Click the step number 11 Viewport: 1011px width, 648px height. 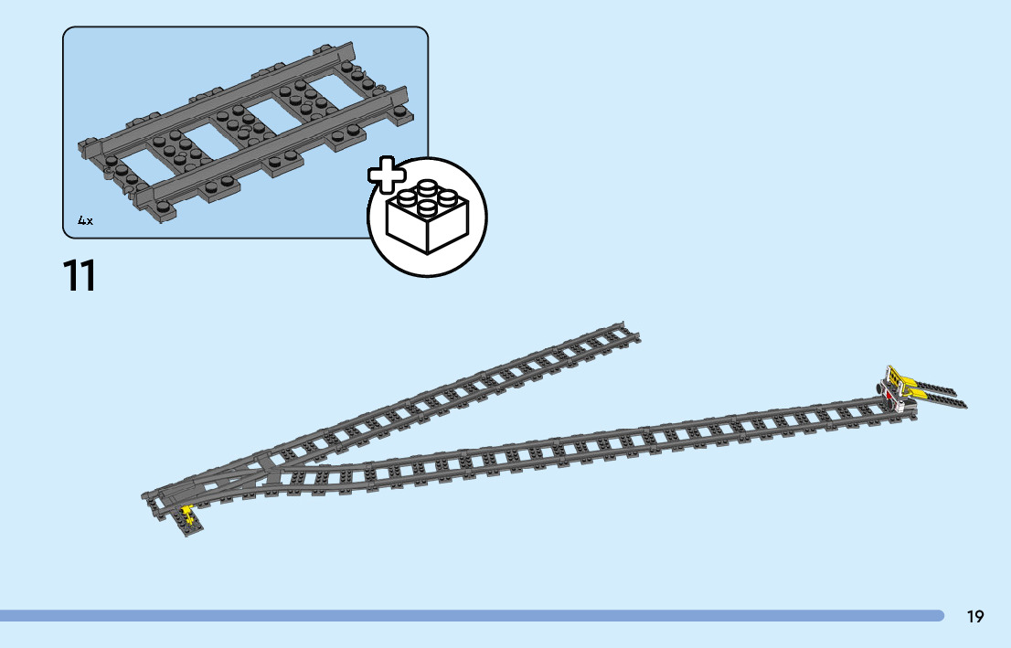coord(80,276)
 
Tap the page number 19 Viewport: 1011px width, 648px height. coord(975,617)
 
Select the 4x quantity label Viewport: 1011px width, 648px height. coord(85,220)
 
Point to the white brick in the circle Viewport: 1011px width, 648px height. coord(427,220)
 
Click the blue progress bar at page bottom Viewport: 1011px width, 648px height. coord(471,616)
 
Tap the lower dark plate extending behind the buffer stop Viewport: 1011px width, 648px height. coord(946,401)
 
